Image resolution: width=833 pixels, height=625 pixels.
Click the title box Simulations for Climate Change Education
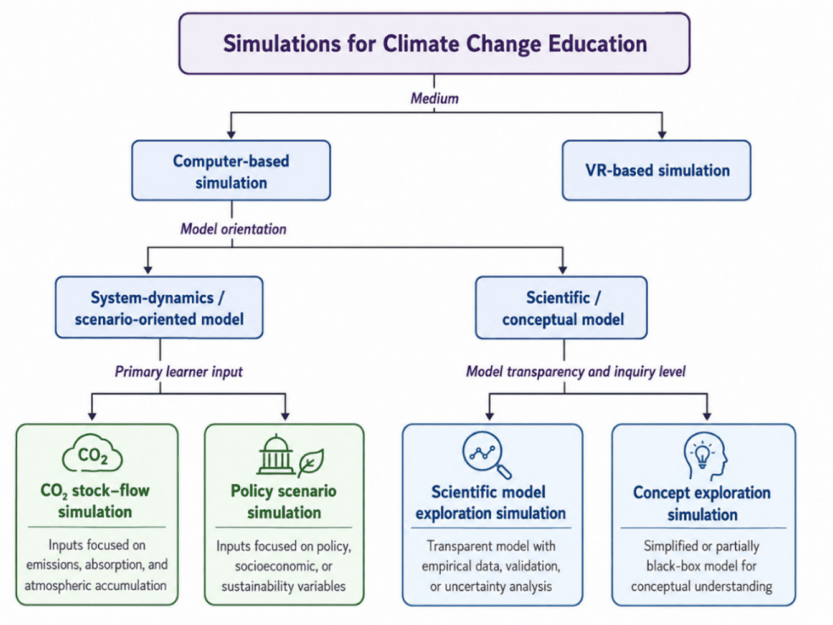coord(434,43)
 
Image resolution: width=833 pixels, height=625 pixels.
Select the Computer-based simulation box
coord(231,171)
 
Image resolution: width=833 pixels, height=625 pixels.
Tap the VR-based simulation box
coord(656,171)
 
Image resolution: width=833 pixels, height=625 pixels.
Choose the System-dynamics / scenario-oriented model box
coord(159,308)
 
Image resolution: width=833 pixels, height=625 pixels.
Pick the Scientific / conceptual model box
coord(561,308)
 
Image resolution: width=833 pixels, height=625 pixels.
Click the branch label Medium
coord(434,98)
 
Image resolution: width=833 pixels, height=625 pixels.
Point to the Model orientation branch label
coord(233,229)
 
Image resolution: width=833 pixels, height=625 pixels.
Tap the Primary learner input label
coord(179,372)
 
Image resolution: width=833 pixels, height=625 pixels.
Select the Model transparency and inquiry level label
coord(576,372)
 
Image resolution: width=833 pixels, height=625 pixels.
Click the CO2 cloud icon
coord(92,453)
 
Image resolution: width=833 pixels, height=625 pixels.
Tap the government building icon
coord(276,455)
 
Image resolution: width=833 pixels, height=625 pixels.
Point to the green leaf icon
coord(311,462)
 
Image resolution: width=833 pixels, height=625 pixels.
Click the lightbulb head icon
coord(705,456)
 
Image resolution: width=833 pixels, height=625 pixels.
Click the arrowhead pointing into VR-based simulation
coord(662,135)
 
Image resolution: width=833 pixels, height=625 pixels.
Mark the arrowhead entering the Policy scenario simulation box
coord(285,416)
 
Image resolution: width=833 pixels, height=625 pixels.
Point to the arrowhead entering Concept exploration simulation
coord(707,416)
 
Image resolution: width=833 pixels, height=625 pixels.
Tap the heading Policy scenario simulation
coord(284,502)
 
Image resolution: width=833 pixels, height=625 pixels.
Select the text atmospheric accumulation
coord(96,586)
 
